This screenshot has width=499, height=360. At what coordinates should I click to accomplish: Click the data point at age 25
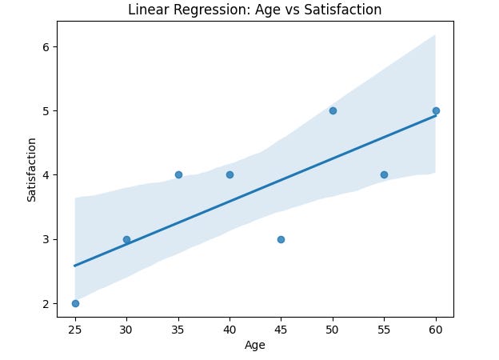[75, 303]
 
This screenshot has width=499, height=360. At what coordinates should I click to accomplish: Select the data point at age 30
[126, 239]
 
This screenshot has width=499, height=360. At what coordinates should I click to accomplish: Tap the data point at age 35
[178, 174]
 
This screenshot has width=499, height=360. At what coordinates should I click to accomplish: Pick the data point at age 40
[230, 174]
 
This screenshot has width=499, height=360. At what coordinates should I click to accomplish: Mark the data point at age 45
[281, 239]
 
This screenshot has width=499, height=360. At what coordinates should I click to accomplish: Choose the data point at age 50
[333, 110]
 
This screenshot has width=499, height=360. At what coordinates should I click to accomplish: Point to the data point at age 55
[384, 174]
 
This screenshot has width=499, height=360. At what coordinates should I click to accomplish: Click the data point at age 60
[436, 110]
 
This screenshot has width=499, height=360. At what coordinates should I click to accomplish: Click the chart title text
[255, 10]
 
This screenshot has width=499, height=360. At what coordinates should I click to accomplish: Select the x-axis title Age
[255, 346]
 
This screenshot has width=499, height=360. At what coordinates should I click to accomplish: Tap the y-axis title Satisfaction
[32, 170]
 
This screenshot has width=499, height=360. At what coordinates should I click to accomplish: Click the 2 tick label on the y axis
[46, 303]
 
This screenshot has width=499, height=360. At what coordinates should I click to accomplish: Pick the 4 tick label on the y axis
[46, 174]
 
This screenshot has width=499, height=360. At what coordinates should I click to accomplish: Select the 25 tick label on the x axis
[75, 328]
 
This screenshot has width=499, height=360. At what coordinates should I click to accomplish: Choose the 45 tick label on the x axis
[281, 328]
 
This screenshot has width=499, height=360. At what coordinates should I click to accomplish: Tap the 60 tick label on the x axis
[436, 328]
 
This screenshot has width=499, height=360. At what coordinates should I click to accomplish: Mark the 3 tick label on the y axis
[46, 239]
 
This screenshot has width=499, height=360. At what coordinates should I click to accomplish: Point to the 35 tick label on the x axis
[178, 328]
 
